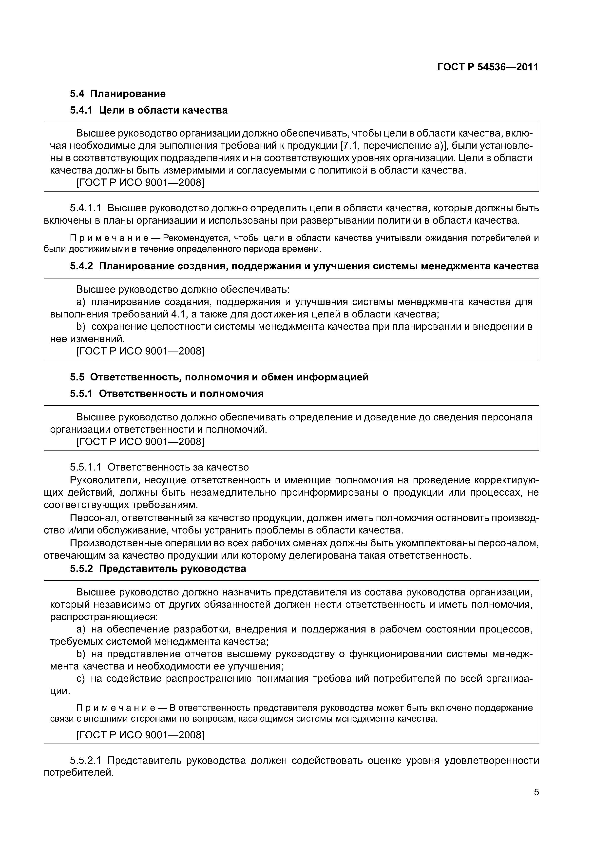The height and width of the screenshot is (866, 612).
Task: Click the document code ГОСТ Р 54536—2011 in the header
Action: pos(488,67)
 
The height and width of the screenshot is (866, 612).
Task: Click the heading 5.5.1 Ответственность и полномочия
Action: pos(167,394)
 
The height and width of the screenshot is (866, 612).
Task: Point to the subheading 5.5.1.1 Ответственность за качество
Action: pos(159,467)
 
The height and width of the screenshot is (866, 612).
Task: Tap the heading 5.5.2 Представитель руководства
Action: pos(158,569)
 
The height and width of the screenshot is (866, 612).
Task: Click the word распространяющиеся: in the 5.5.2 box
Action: pos(104,617)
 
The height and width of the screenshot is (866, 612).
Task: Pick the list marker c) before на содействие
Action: pos(81,679)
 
